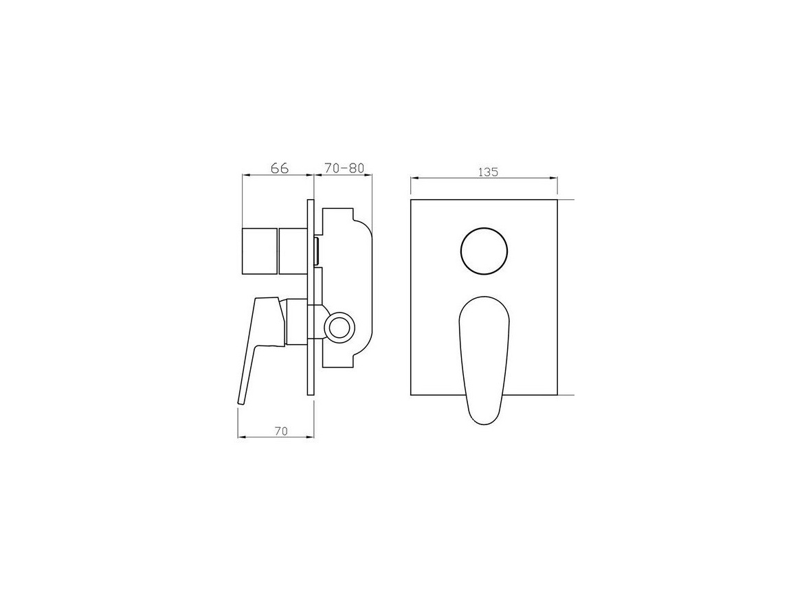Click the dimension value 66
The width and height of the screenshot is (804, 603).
tap(280, 168)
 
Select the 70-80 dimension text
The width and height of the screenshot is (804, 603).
tap(344, 168)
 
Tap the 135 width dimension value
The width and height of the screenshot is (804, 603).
tap(488, 172)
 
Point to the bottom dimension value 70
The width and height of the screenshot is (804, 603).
tap(281, 431)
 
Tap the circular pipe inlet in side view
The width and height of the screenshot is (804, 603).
tap(339, 327)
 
